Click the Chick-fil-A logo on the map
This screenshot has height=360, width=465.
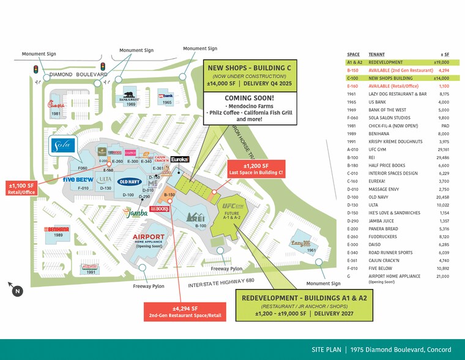tap(56, 105)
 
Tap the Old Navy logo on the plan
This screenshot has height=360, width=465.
tap(130, 181)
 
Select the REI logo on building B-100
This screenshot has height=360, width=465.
tap(196, 217)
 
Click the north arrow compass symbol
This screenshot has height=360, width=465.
tap(17, 291)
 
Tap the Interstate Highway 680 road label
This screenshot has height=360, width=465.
tap(221, 283)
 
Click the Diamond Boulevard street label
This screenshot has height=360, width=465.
tap(78, 75)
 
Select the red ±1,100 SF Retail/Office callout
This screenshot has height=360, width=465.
tap(21, 189)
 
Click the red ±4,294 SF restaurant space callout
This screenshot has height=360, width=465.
tap(185, 312)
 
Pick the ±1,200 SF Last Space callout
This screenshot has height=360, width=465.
tap(256, 169)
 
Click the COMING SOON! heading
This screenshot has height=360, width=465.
tap(249, 98)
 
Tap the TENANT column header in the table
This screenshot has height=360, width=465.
tap(376, 54)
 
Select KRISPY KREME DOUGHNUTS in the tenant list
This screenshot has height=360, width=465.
tap(395, 141)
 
